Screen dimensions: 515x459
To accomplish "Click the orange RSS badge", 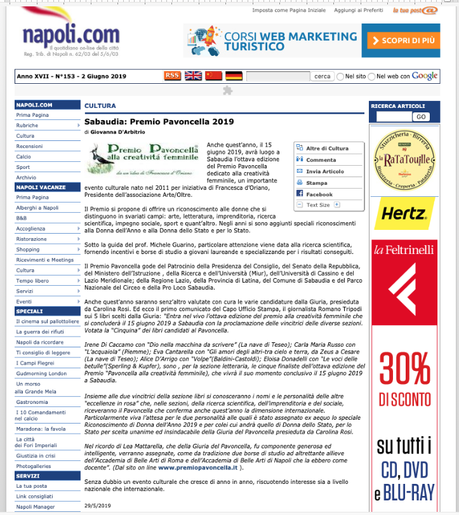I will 172,76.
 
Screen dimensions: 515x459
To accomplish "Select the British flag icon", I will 193,76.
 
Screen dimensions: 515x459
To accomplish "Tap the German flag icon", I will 234,76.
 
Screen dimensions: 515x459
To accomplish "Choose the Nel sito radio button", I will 340,76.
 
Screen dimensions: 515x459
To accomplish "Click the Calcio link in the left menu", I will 23,156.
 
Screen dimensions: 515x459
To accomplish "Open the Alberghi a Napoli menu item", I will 37,208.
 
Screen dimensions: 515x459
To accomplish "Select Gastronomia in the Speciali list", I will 32,402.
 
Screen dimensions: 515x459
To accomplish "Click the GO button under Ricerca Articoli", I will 420,117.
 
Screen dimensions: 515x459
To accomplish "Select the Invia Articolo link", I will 324,171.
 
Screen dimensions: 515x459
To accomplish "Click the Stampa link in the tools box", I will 316,183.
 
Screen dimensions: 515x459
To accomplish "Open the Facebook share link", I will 319,194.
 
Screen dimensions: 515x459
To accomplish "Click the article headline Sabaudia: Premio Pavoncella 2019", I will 159,121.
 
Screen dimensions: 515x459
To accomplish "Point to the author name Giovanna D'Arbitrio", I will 117,131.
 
